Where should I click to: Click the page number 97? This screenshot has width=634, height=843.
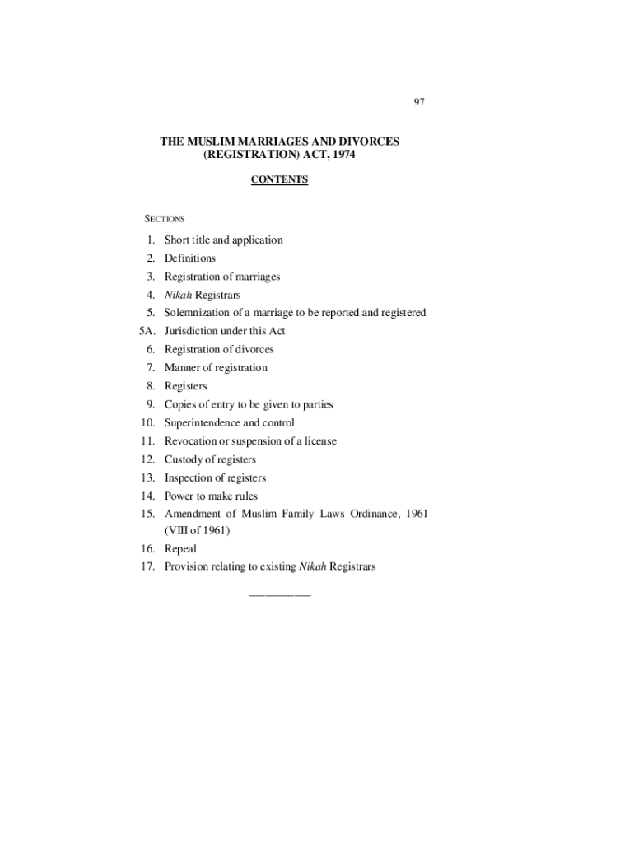pos(419,102)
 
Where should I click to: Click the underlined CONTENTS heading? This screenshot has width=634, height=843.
pos(279,179)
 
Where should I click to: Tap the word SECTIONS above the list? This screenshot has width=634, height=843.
pos(165,219)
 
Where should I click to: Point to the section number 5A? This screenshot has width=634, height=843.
pos(147,331)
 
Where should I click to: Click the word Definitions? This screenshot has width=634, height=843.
pos(189,258)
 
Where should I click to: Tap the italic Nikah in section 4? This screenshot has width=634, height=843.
pos(178,295)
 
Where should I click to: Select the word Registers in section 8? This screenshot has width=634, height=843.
pos(185,386)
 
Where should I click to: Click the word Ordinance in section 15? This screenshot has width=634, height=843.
pos(374,515)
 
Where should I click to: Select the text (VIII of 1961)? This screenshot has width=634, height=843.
pos(197,531)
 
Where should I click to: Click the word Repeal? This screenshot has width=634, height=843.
pos(180,549)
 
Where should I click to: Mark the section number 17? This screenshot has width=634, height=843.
pos(148,567)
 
